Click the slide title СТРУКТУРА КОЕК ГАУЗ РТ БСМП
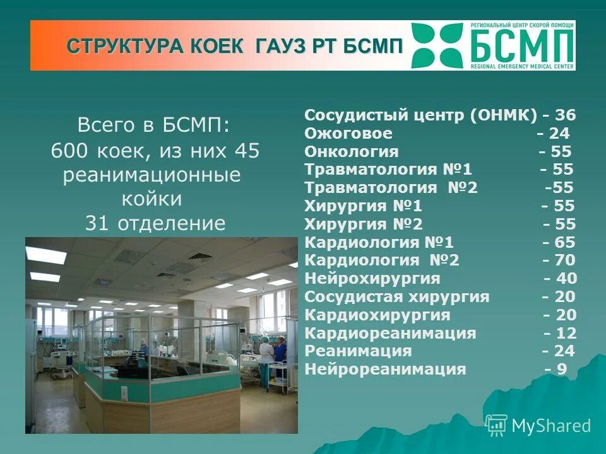point(234,47)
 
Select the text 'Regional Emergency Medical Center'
point(522,66)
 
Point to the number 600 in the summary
point(69,151)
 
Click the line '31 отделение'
point(155,224)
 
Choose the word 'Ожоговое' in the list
point(348,134)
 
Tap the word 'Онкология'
point(351,152)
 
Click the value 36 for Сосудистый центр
point(566,115)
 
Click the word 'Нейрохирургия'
point(372,279)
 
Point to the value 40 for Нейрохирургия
point(567,279)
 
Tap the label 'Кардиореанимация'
point(390,334)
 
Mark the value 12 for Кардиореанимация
point(567,334)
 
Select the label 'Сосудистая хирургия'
point(396,297)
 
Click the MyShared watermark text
point(550,426)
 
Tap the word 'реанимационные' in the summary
point(152,175)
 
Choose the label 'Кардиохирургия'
point(377,315)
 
